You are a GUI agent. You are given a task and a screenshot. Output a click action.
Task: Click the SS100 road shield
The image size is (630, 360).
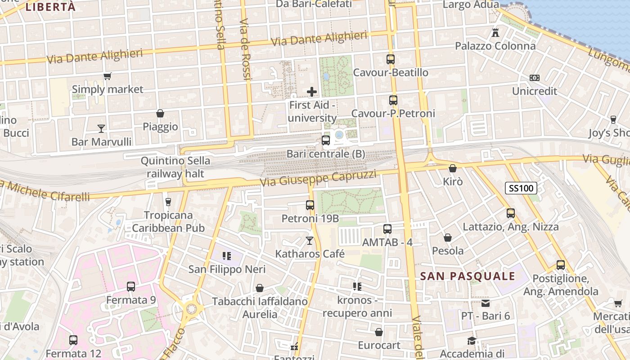521,188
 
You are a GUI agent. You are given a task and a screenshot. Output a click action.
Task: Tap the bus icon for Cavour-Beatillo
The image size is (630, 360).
390,59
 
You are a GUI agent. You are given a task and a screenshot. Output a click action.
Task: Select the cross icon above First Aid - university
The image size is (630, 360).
311,92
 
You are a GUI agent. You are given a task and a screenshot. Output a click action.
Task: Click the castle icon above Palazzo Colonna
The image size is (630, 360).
495,33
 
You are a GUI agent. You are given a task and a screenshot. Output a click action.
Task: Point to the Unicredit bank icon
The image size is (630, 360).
534,78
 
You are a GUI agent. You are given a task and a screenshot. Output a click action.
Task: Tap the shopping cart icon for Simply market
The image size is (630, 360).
107,76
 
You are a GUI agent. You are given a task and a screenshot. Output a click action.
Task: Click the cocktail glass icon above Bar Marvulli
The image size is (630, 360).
101,129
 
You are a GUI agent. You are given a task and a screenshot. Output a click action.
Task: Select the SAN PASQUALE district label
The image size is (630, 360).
468,276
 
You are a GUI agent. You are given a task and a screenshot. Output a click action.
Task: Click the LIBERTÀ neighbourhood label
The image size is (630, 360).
50,7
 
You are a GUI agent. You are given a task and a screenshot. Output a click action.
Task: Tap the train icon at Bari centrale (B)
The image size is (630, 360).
326,140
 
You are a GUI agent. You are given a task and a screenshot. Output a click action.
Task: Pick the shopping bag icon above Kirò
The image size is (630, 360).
453,169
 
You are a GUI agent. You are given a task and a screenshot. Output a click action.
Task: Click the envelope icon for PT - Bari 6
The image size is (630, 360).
485,303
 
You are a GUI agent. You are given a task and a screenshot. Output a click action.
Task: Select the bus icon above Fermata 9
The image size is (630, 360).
131,287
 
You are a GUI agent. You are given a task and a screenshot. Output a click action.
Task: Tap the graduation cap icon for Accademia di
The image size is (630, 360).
472,341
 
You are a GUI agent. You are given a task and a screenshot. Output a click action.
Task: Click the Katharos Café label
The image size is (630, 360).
310,254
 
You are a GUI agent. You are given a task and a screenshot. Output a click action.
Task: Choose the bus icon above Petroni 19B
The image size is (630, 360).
310,205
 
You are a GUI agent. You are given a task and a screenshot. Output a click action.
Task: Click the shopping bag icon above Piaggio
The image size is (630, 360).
160,113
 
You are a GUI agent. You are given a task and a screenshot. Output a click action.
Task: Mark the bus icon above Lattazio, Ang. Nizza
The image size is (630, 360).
510,213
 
